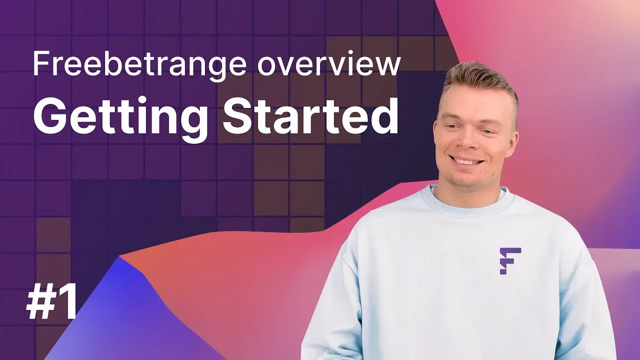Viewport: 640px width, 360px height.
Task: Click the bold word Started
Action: coord(310,116)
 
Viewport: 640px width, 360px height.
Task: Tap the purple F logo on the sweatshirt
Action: coord(510,261)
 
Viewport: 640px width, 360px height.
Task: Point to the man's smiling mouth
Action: coord(465,160)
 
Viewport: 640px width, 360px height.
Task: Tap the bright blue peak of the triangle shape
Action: coord(119,257)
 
